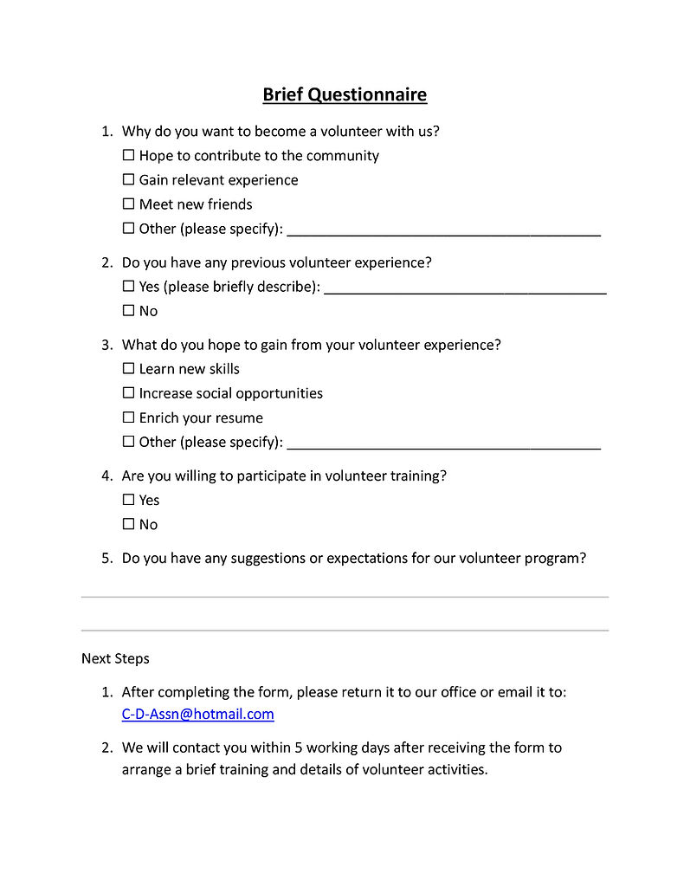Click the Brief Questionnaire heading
click(345, 94)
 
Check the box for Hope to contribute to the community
click(129, 156)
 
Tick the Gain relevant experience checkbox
click(129, 180)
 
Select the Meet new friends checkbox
click(129, 204)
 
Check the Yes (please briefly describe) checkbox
click(129, 286)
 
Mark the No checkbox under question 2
click(129, 310)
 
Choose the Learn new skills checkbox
click(129, 369)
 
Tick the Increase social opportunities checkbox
click(129, 393)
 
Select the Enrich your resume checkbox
click(129, 417)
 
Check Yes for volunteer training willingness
click(129, 500)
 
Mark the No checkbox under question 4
click(129, 524)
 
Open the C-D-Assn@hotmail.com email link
click(197, 715)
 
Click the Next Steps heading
click(115, 659)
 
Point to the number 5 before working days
click(314, 747)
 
